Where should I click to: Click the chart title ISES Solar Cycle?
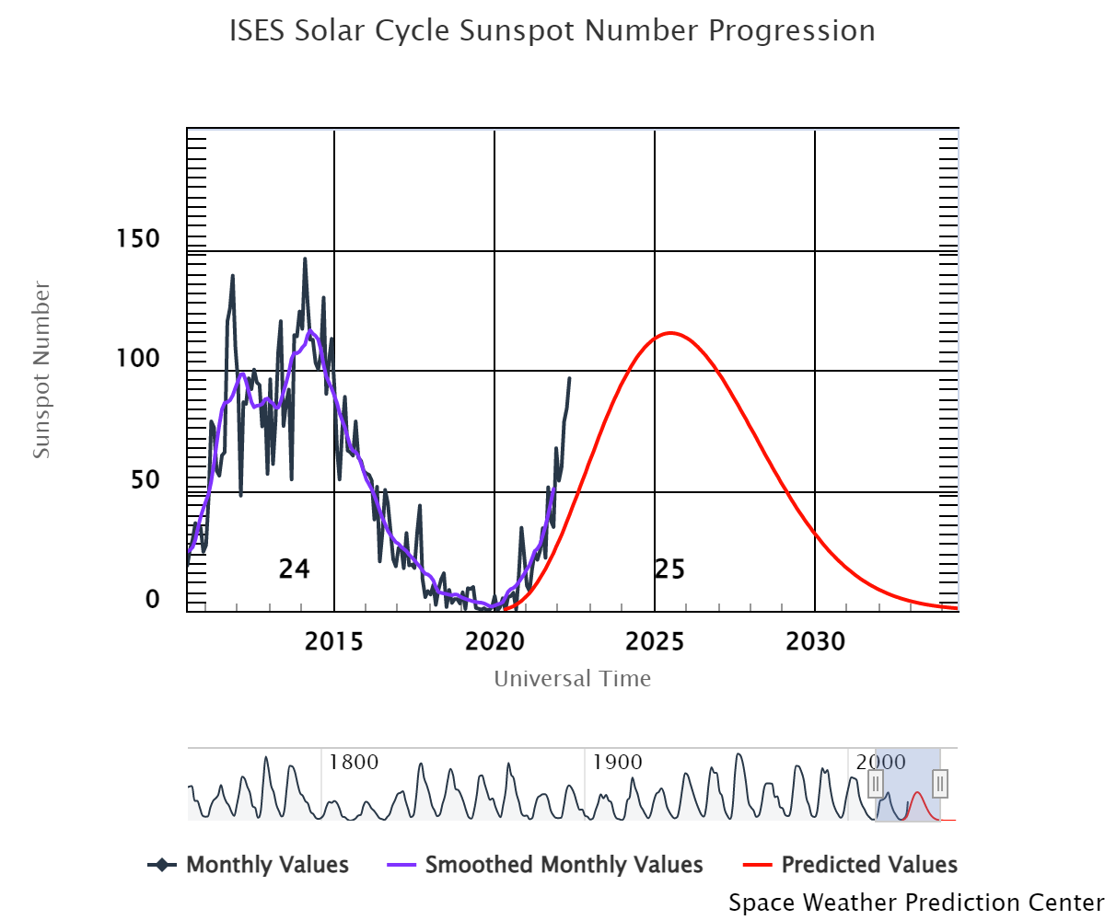[552, 31]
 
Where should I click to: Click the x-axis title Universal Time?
[572, 679]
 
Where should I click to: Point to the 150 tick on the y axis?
[139, 239]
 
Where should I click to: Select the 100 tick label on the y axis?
[139, 359]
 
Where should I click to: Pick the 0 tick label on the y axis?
[153, 599]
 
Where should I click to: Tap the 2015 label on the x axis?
[334, 641]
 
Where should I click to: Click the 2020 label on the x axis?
[494, 641]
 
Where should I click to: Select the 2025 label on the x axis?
[655, 641]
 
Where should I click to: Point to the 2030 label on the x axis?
[816, 641]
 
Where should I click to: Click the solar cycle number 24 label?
[295, 569]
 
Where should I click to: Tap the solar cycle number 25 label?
[669, 569]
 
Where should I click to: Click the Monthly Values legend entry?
[267, 865]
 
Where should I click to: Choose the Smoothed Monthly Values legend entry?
[564, 865]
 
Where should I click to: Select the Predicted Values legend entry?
[868, 865]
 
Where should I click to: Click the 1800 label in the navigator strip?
[354, 762]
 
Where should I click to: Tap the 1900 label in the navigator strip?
[618, 762]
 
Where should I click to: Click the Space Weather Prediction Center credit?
[915, 903]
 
